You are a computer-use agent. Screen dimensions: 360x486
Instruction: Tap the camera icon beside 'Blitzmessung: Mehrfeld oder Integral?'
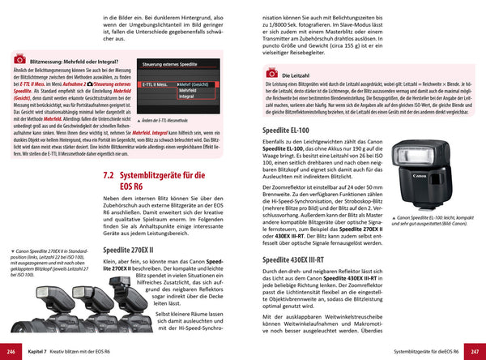click(19, 60)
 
